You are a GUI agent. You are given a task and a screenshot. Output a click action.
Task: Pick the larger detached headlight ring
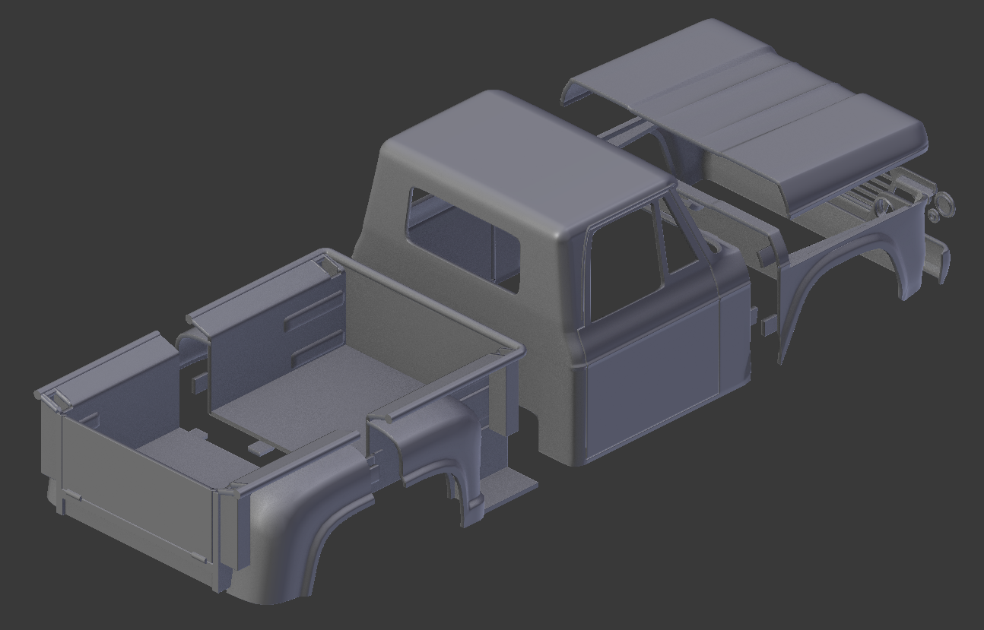coord(944,204)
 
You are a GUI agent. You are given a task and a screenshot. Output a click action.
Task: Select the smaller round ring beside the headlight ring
coord(933,216)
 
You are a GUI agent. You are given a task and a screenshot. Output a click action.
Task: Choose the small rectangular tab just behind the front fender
coord(768,326)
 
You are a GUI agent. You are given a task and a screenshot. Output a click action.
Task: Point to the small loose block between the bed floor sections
coord(259,448)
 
